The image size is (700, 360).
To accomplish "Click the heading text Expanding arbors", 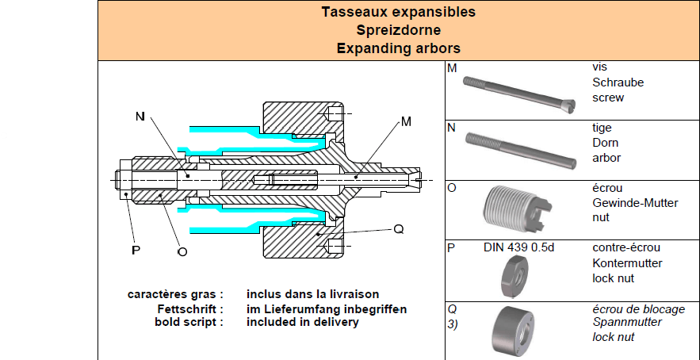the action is (399, 48).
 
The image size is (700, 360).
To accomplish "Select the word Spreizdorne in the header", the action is (399, 30).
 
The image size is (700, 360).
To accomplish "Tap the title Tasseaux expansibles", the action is (399, 12).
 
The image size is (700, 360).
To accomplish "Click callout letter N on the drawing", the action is (140, 116).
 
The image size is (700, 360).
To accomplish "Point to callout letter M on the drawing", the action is (406, 121).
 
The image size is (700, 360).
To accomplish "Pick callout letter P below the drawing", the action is (136, 250).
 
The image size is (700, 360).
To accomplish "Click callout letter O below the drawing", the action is (182, 251).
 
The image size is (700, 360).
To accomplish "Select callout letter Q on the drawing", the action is (399, 230).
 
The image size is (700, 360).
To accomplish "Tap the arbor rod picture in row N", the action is (521, 151).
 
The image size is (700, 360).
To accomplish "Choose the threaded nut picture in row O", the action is (518, 209).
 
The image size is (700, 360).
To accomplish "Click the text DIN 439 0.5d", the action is (518, 247).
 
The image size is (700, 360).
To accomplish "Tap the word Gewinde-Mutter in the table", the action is (635, 203).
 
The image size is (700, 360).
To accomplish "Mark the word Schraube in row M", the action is (618, 82).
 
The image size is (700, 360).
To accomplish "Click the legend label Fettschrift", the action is (189, 309).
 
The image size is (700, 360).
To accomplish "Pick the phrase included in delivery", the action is (303, 322).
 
